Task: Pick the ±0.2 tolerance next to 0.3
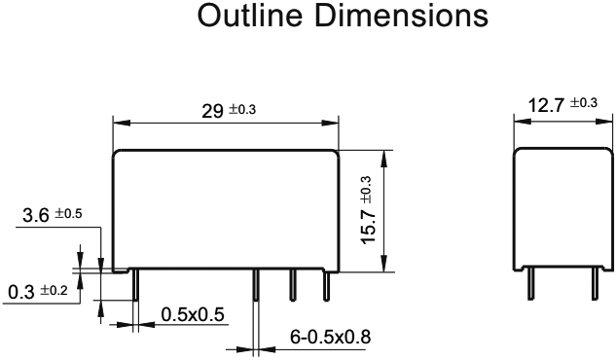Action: [x=51, y=291]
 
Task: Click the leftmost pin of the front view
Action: [x=138, y=286]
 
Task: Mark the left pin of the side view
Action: [x=531, y=286]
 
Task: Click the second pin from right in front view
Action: [x=292, y=286]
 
